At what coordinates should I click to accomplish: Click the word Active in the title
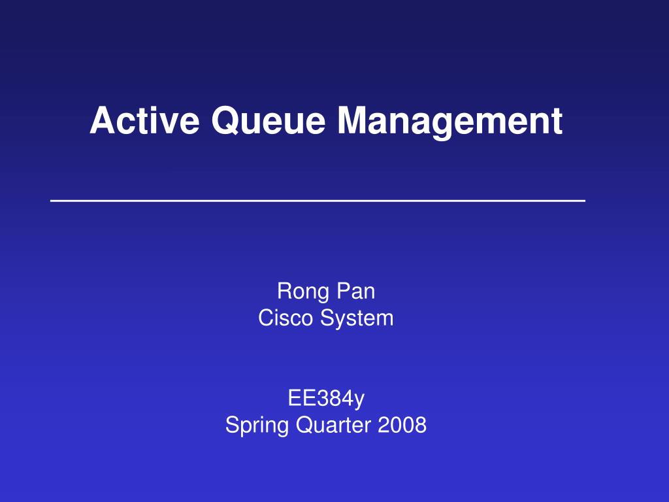(x=144, y=120)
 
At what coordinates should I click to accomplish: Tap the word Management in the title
(x=450, y=122)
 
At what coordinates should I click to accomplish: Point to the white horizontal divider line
(x=318, y=200)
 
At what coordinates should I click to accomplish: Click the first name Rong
(x=303, y=292)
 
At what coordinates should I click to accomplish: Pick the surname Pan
(x=356, y=291)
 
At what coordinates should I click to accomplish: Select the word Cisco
(x=286, y=318)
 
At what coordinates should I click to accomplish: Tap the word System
(x=357, y=319)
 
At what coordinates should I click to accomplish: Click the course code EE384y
(x=327, y=399)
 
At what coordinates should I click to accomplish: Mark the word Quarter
(x=333, y=425)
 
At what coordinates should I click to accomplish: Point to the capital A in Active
(x=103, y=120)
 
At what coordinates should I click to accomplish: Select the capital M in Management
(x=353, y=120)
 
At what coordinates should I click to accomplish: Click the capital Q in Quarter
(x=305, y=426)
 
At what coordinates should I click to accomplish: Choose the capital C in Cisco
(x=267, y=318)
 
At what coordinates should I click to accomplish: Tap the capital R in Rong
(x=286, y=291)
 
